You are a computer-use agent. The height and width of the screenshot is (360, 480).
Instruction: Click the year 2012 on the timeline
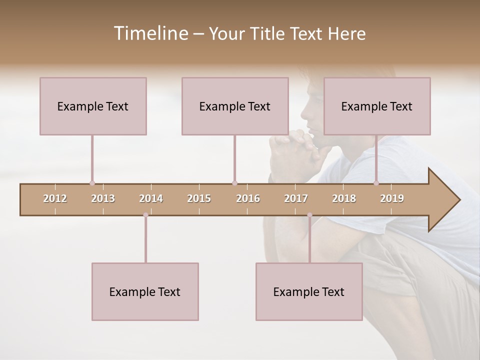click(x=55, y=198)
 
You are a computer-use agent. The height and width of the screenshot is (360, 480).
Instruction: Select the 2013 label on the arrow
click(x=103, y=198)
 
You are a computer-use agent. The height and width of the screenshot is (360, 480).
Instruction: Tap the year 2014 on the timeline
click(x=151, y=198)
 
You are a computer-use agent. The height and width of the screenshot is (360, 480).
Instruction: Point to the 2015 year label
click(x=199, y=198)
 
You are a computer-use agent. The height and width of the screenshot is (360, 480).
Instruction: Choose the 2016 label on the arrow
click(x=248, y=198)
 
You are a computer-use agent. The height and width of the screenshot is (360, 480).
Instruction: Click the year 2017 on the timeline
click(x=296, y=198)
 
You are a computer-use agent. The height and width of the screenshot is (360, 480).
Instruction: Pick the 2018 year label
click(x=344, y=198)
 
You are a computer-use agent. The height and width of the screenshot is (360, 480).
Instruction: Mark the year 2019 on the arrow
click(x=392, y=198)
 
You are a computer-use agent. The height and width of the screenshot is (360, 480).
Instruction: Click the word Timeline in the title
click(x=150, y=33)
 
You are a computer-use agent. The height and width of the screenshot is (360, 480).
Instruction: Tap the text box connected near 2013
click(x=93, y=106)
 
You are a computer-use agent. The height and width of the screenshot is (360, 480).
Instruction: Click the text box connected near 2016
click(x=235, y=106)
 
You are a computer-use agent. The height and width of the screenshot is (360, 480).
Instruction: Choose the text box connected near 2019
click(x=377, y=106)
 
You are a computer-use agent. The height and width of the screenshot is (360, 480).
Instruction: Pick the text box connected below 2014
click(x=145, y=291)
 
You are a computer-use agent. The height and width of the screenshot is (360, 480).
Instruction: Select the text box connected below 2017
click(x=309, y=291)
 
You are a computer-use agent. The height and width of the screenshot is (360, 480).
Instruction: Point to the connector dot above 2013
click(x=92, y=183)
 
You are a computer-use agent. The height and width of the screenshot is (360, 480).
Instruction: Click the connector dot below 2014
click(x=145, y=215)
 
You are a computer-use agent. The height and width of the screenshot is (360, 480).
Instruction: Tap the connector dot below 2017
click(x=309, y=215)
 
